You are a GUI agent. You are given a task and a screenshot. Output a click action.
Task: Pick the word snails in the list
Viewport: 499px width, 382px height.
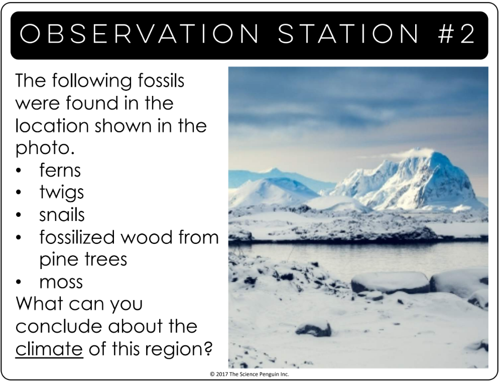pos(62,214)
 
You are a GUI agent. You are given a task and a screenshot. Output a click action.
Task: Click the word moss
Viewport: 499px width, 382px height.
pos(61,283)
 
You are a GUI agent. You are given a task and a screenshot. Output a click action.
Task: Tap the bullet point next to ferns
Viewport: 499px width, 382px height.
pos(19,171)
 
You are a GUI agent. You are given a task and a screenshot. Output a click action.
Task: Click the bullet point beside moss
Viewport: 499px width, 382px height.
pos(19,283)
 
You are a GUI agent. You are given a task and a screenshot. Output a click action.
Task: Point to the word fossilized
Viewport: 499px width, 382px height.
pos(76,237)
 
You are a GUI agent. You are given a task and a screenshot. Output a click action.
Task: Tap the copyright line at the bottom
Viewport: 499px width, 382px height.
pos(249,374)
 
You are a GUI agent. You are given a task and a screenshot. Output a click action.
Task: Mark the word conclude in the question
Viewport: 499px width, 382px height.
pos(60,326)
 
